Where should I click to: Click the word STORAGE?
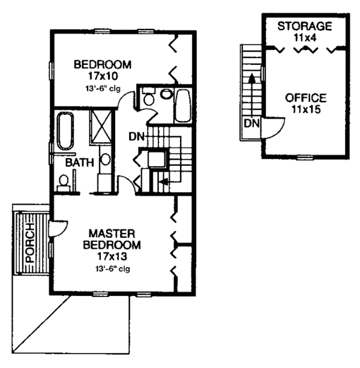pos(305,26)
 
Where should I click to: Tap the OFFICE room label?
pos(306,98)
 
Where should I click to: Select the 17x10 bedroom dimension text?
pos(103,76)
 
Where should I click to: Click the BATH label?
pos(80,163)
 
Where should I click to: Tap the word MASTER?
pos(112,234)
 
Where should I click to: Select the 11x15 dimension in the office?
pos(306,109)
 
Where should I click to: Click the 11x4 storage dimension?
pos(305,37)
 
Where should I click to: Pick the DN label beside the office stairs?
pos(252,123)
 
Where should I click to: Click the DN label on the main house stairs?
pos(136,137)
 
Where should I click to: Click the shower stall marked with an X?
pos(101,126)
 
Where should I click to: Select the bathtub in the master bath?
pos(65,131)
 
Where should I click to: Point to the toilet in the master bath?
pos(64,183)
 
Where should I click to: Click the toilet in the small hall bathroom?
pos(149,97)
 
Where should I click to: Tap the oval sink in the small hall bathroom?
pos(167,94)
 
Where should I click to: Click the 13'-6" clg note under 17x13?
pos(112,268)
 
